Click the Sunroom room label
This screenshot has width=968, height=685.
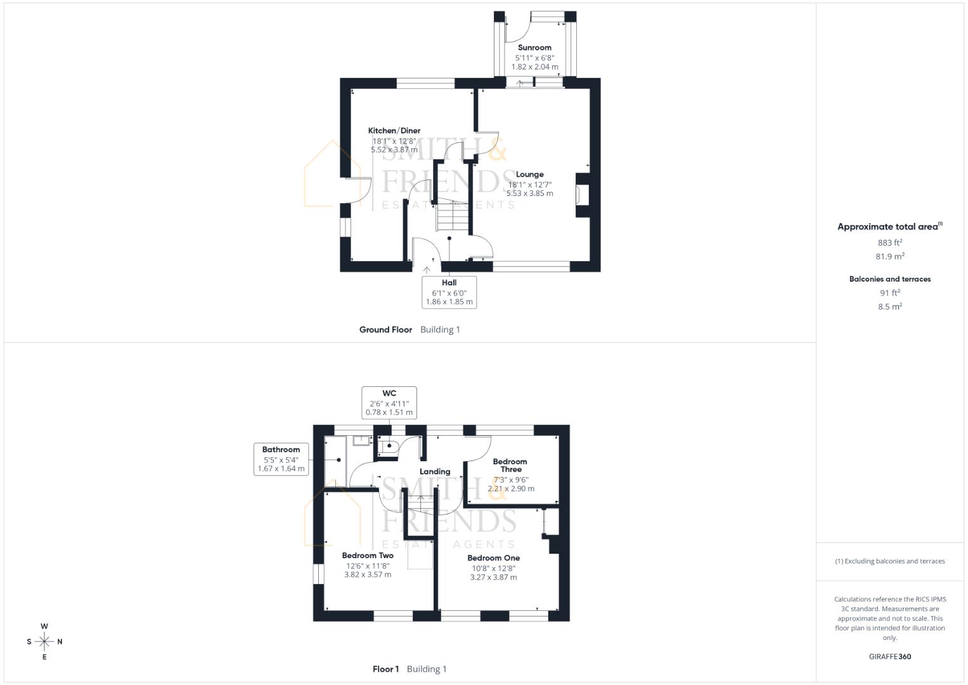tap(534, 48)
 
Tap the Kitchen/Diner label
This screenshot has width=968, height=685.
tap(394, 131)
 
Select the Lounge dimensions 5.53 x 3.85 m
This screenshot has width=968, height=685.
tap(529, 193)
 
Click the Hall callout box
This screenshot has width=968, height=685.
tap(449, 292)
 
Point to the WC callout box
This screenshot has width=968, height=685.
tap(389, 403)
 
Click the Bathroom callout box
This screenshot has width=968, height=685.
tap(281, 459)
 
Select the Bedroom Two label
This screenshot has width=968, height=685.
tap(368, 556)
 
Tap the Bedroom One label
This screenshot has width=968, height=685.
tap(493, 558)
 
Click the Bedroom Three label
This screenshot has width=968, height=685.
tap(510, 466)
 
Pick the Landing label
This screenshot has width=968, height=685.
tap(435, 472)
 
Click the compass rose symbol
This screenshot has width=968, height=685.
tap(44, 642)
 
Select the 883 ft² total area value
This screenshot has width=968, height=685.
tap(889, 242)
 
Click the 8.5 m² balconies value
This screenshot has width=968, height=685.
tap(889, 306)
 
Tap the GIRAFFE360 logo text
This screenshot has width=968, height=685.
tap(889, 656)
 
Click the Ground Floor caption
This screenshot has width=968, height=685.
tap(385, 330)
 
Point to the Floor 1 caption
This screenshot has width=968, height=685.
tap(385, 669)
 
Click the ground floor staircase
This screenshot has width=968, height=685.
tap(452, 216)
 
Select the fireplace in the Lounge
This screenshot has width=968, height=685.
tap(581, 195)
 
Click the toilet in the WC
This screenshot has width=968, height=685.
tap(387, 447)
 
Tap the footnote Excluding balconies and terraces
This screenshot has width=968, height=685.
tap(889, 561)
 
